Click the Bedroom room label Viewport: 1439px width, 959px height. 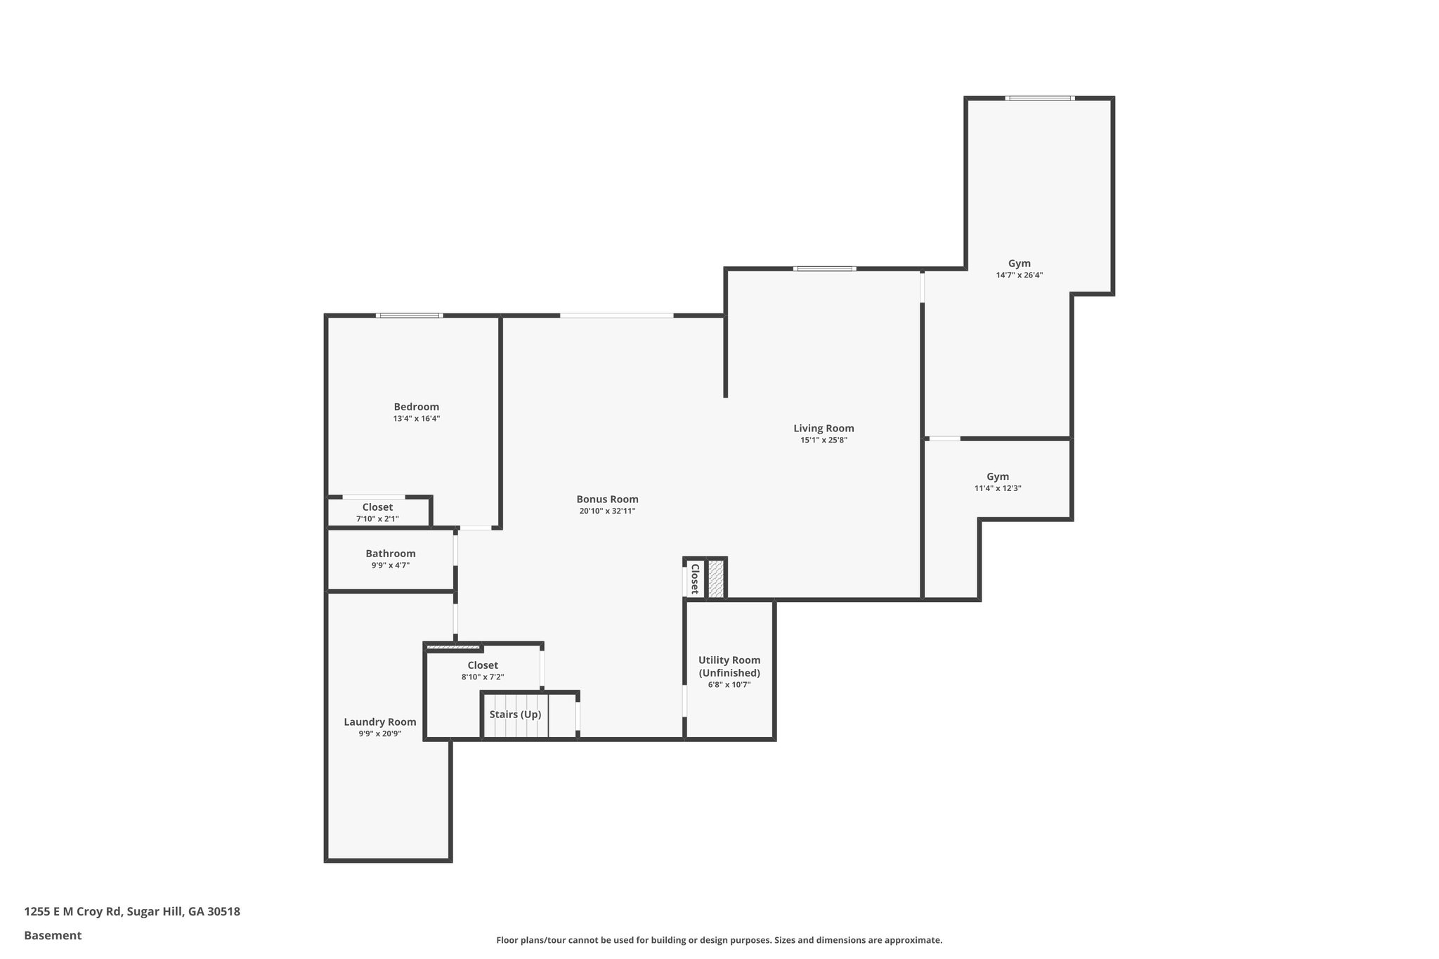pos(416,407)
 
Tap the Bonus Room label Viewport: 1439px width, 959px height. pos(607,500)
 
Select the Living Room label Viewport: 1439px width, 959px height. pos(823,429)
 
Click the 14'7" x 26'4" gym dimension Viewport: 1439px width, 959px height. pos(1019,275)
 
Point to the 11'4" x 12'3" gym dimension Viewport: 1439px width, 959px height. pos(998,488)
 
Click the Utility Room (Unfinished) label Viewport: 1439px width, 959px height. pos(729,667)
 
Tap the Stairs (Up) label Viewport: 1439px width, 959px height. pos(515,715)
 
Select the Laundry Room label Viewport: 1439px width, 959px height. pos(380,722)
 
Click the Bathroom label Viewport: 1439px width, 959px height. pos(391,554)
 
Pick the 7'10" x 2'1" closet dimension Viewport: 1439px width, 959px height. pos(377,519)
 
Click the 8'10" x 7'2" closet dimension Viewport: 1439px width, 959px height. pos(483,677)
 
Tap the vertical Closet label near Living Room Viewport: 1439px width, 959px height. pos(694,578)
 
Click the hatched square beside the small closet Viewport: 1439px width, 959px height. pos(716,579)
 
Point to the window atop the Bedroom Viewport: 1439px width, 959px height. pos(409,315)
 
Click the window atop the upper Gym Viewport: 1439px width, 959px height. pos(1039,98)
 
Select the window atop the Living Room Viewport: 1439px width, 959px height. pos(825,268)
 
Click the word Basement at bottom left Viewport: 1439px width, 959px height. pos(53,935)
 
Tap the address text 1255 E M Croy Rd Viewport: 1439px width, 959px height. pos(73,912)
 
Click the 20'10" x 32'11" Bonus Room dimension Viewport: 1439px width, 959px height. pos(607,511)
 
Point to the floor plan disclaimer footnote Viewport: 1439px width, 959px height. pos(719,940)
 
